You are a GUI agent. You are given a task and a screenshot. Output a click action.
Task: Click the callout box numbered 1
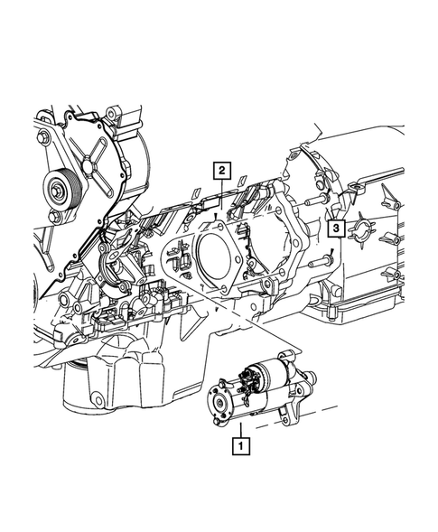240,444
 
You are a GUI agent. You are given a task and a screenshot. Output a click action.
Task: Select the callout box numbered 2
219,169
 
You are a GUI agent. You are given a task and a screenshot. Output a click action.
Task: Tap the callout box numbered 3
335,230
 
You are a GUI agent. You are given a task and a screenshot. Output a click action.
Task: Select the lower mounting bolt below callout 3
321,261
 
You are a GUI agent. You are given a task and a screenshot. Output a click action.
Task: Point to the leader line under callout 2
219,194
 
